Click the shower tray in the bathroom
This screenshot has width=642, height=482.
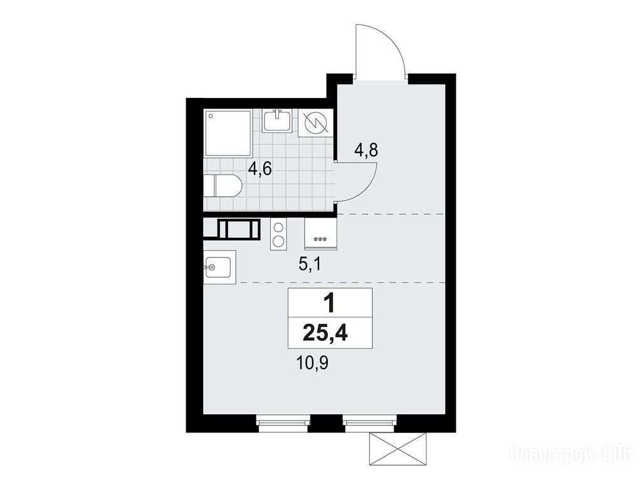(x=228, y=133)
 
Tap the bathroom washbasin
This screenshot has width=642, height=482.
(x=278, y=120)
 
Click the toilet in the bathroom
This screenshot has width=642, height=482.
(x=223, y=186)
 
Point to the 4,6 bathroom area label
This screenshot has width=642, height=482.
(x=260, y=168)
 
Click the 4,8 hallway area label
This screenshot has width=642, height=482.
(x=366, y=151)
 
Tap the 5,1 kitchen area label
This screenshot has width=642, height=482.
(x=310, y=264)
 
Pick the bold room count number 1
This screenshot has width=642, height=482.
(x=329, y=304)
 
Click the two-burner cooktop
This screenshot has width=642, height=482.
(x=279, y=234)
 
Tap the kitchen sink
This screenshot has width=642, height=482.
(x=220, y=267)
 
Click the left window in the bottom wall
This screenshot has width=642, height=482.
(x=283, y=424)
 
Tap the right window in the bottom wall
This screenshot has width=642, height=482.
(x=370, y=424)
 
